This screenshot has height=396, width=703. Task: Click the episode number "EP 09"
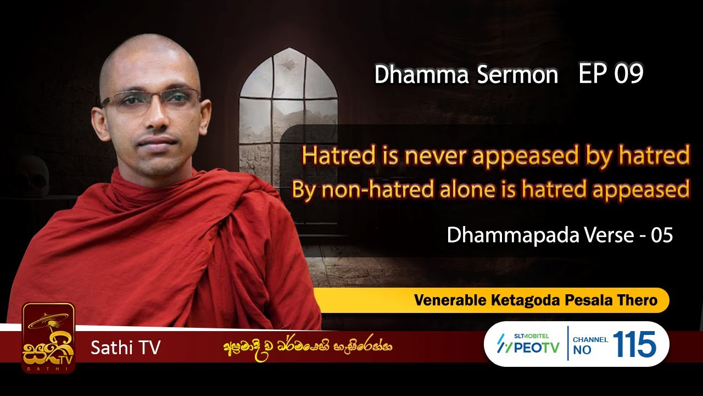[x=610, y=74]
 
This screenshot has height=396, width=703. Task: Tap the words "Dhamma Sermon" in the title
[x=466, y=75]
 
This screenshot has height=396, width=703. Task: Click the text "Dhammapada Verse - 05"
[x=560, y=235]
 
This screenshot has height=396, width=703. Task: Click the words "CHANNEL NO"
[x=589, y=345]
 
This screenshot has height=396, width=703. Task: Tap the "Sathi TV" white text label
[x=125, y=348]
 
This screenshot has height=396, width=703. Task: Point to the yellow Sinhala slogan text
[x=307, y=347]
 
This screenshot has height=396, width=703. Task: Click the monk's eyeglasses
[x=152, y=101]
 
